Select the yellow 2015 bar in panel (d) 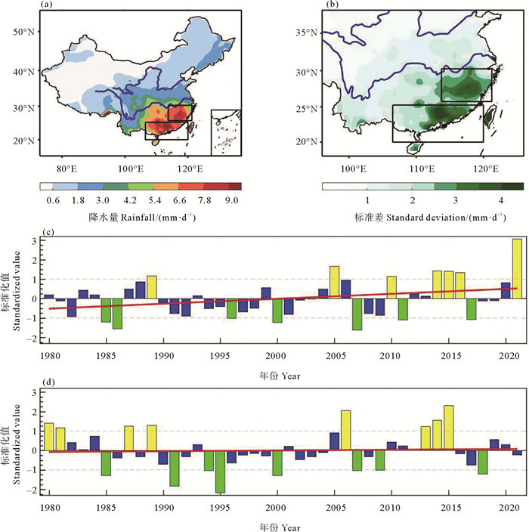click(x=449, y=428)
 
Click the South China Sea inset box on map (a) click(x=226, y=132)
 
